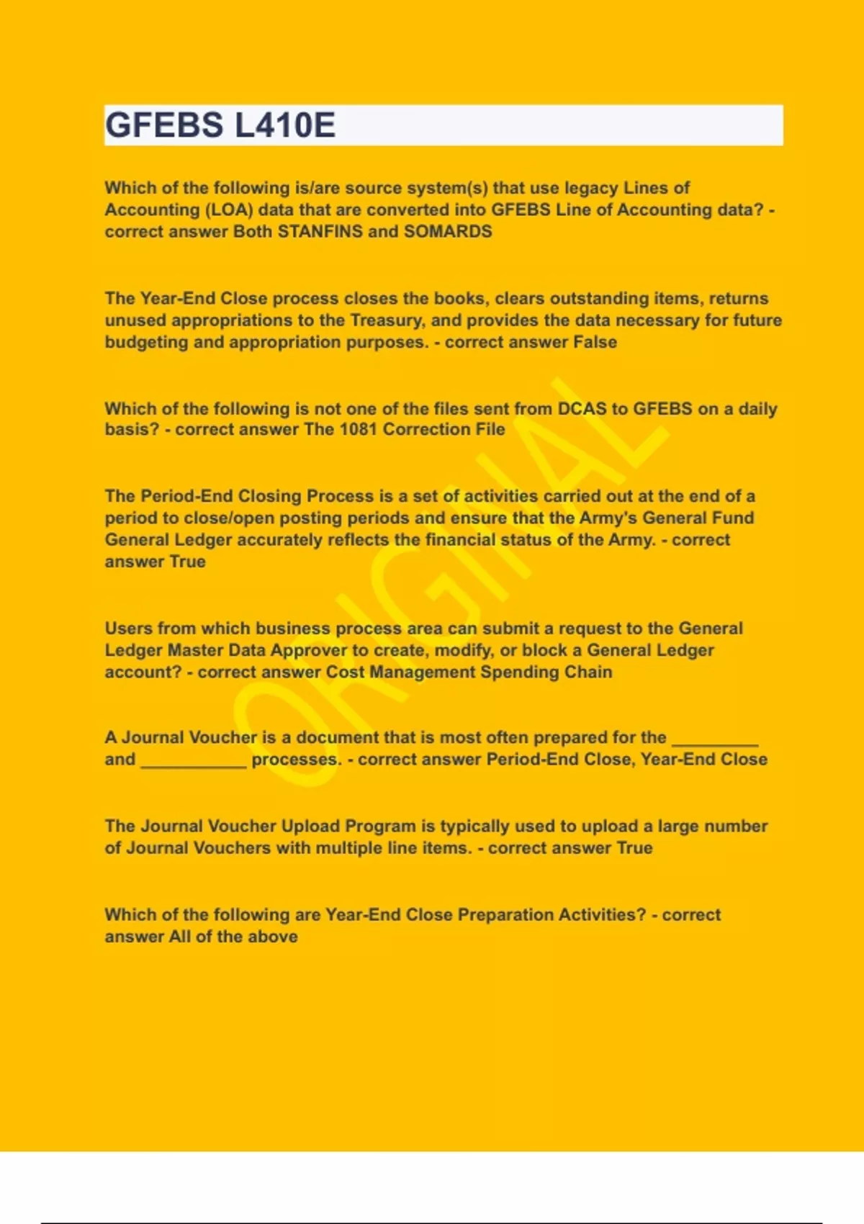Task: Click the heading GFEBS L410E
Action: pyautogui.click(x=220, y=125)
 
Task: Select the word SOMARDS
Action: pyautogui.click(x=448, y=232)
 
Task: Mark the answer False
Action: pyautogui.click(x=595, y=342)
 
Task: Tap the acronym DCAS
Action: pyautogui.click(x=582, y=409)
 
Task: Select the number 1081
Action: pyautogui.click(x=358, y=430)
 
